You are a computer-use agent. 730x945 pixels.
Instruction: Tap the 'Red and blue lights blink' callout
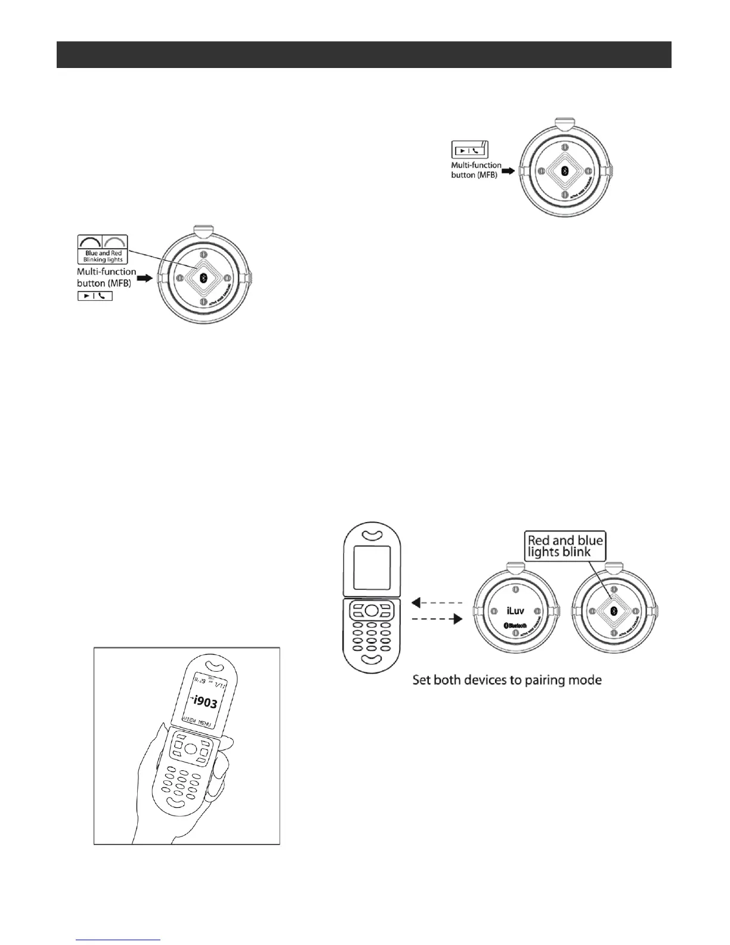565,546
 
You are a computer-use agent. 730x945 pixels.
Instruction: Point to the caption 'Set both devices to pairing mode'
506,680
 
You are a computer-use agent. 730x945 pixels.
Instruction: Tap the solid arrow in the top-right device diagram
507,171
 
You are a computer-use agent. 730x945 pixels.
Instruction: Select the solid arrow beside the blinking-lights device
145,279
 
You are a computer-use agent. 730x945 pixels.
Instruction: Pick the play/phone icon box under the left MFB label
95,296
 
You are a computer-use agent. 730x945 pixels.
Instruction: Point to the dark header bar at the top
364,54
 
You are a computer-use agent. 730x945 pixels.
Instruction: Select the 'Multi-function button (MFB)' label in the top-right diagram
476,170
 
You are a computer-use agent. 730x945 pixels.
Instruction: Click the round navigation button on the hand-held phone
191,749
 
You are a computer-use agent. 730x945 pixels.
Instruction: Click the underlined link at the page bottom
119,941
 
